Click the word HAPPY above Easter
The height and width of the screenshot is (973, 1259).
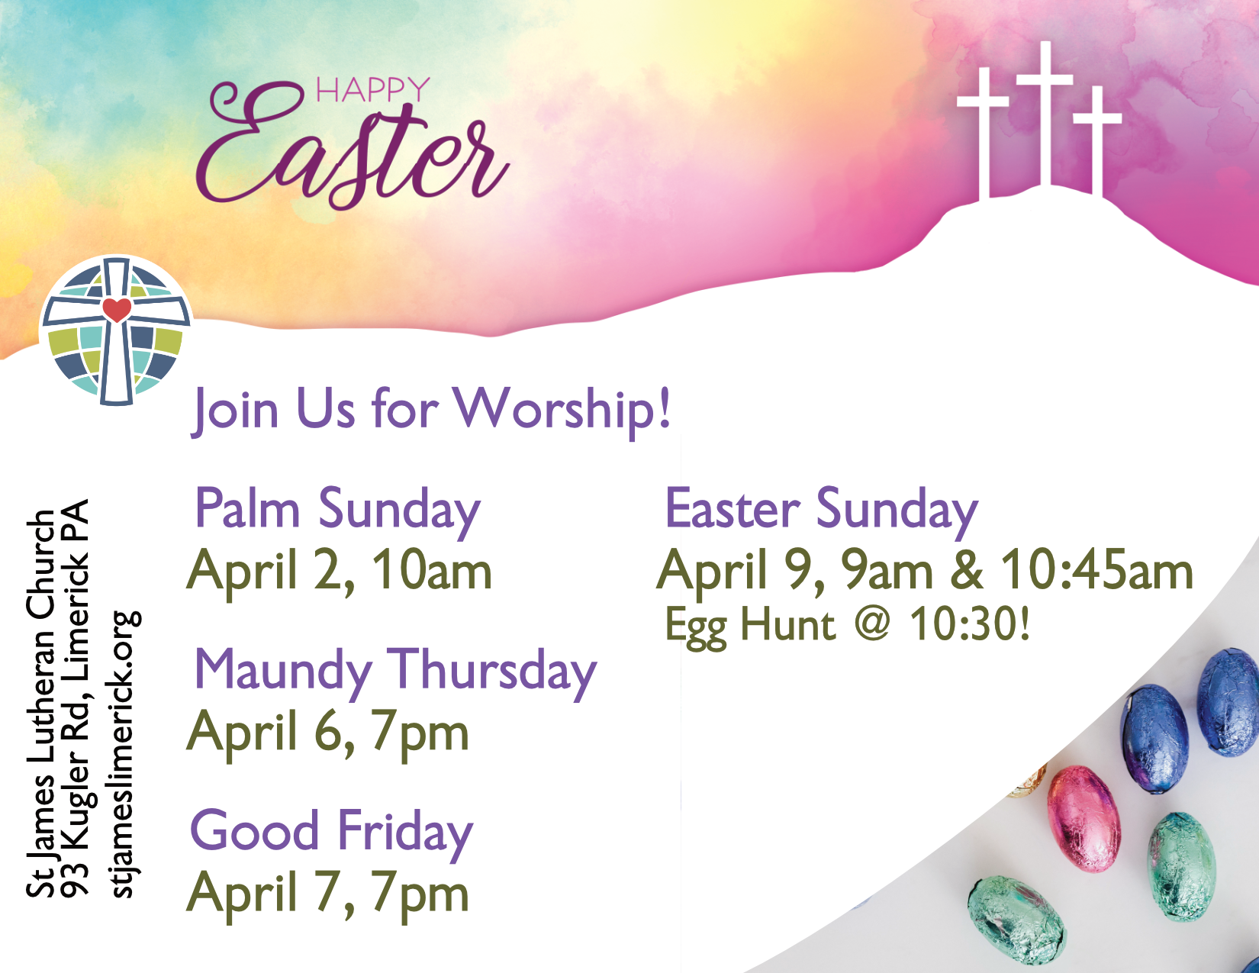point(372,90)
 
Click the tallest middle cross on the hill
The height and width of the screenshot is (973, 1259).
point(1045,114)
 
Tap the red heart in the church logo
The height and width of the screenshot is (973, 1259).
point(117,310)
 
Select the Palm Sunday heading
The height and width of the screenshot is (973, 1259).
point(337,509)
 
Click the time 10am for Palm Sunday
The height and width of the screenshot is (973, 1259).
point(432,571)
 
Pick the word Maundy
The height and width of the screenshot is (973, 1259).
point(282,671)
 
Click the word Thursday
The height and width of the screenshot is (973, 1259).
point(492,671)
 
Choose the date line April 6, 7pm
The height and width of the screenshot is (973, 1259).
point(328,733)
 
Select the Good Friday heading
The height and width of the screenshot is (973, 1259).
point(331,832)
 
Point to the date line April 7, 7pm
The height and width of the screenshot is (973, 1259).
point(328,894)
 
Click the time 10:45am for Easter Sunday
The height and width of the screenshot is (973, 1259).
point(1096,571)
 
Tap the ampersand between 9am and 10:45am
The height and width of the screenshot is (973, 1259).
point(966,571)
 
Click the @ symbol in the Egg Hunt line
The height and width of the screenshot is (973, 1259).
point(872,623)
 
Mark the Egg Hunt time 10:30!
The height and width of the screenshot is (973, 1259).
point(969,623)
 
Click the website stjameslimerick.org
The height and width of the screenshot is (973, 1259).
point(124,754)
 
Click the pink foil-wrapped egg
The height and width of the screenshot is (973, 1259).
point(1083,818)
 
